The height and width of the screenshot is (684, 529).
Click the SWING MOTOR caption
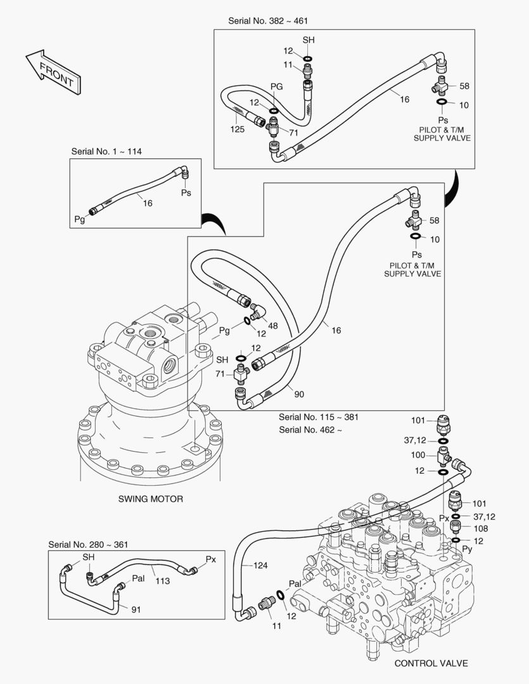[151, 499]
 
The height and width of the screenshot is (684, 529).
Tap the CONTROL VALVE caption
[431, 664]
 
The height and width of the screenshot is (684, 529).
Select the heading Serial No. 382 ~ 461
[269, 21]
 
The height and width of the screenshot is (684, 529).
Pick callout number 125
[238, 129]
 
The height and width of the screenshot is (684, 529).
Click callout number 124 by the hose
[262, 565]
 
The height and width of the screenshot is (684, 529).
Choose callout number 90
[299, 394]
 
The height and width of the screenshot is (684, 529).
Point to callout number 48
[273, 326]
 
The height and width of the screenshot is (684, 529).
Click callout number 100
[418, 455]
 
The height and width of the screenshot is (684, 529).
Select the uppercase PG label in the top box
[276, 86]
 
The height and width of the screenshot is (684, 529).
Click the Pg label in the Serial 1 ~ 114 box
[79, 219]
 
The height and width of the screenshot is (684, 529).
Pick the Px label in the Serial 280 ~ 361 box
[211, 560]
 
